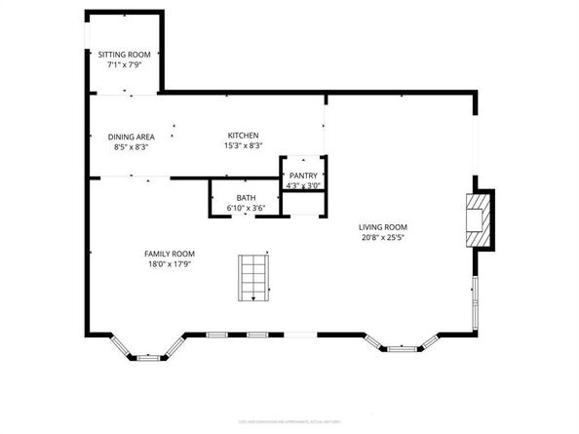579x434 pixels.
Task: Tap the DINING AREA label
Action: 131,137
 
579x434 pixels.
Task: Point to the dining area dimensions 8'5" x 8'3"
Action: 131,147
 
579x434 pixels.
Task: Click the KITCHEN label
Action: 243,136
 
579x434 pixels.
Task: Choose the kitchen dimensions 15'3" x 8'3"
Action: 243,146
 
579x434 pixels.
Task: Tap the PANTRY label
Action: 303,175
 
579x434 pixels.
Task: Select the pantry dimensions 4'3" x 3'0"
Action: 303,185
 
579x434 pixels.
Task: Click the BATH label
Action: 245,198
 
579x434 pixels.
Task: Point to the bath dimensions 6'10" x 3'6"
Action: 245,208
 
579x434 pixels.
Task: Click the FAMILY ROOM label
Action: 170,253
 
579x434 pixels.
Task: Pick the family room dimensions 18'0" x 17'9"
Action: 170,263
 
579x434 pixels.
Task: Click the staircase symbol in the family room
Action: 254,277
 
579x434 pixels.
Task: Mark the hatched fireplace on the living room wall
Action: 478,221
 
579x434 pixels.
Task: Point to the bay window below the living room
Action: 402,344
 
